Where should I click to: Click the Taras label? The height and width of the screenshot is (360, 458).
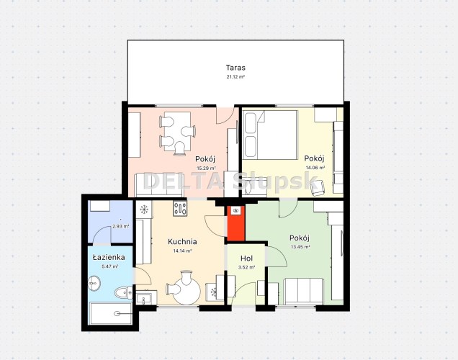tap(235, 68)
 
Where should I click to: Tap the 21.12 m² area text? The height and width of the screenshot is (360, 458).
tap(235, 77)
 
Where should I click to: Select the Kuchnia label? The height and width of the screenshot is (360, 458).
tap(182, 242)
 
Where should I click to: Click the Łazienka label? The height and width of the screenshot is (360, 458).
tap(109, 257)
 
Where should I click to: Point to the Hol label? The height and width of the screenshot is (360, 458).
tap(246, 258)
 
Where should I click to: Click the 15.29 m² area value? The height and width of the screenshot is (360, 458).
tap(206, 168)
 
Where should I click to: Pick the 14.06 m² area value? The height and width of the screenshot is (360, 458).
tap(315, 168)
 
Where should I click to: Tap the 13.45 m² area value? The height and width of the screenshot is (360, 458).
tap(300, 247)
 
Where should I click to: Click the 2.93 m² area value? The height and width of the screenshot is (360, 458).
tap(121, 226)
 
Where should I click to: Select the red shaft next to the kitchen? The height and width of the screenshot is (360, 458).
tap(235, 223)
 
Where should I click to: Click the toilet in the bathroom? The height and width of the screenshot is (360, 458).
tap(123, 292)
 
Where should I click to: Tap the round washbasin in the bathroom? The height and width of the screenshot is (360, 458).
tap(94, 283)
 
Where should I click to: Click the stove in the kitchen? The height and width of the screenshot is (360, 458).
tap(180, 209)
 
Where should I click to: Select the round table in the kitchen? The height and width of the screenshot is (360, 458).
tap(187, 290)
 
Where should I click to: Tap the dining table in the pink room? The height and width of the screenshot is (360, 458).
tap(177, 131)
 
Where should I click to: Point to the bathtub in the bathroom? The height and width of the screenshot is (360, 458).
tap(110, 314)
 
